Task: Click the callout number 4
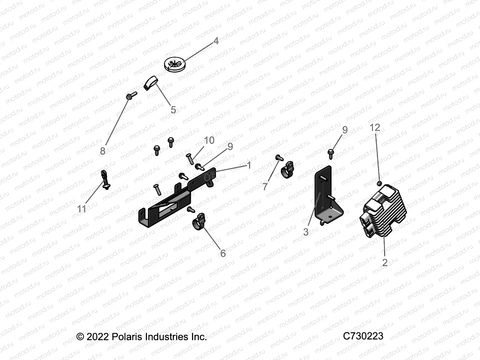click(x=216, y=41)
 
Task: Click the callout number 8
click(x=103, y=151)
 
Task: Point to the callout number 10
click(x=209, y=140)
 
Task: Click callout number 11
click(x=82, y=209)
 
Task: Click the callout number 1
click(x=248, y=165)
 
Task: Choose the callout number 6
click(x=223, y=253)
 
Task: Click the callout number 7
click(x=265, y=187)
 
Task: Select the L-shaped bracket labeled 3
click(x=325, y=198)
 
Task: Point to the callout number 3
click(x=306, y=232)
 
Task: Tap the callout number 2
click(x=385, y=262)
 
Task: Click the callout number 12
click(x=375, y=127)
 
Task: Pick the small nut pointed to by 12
click(x=379, y=183)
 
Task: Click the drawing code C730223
click(x=363, y=336)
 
